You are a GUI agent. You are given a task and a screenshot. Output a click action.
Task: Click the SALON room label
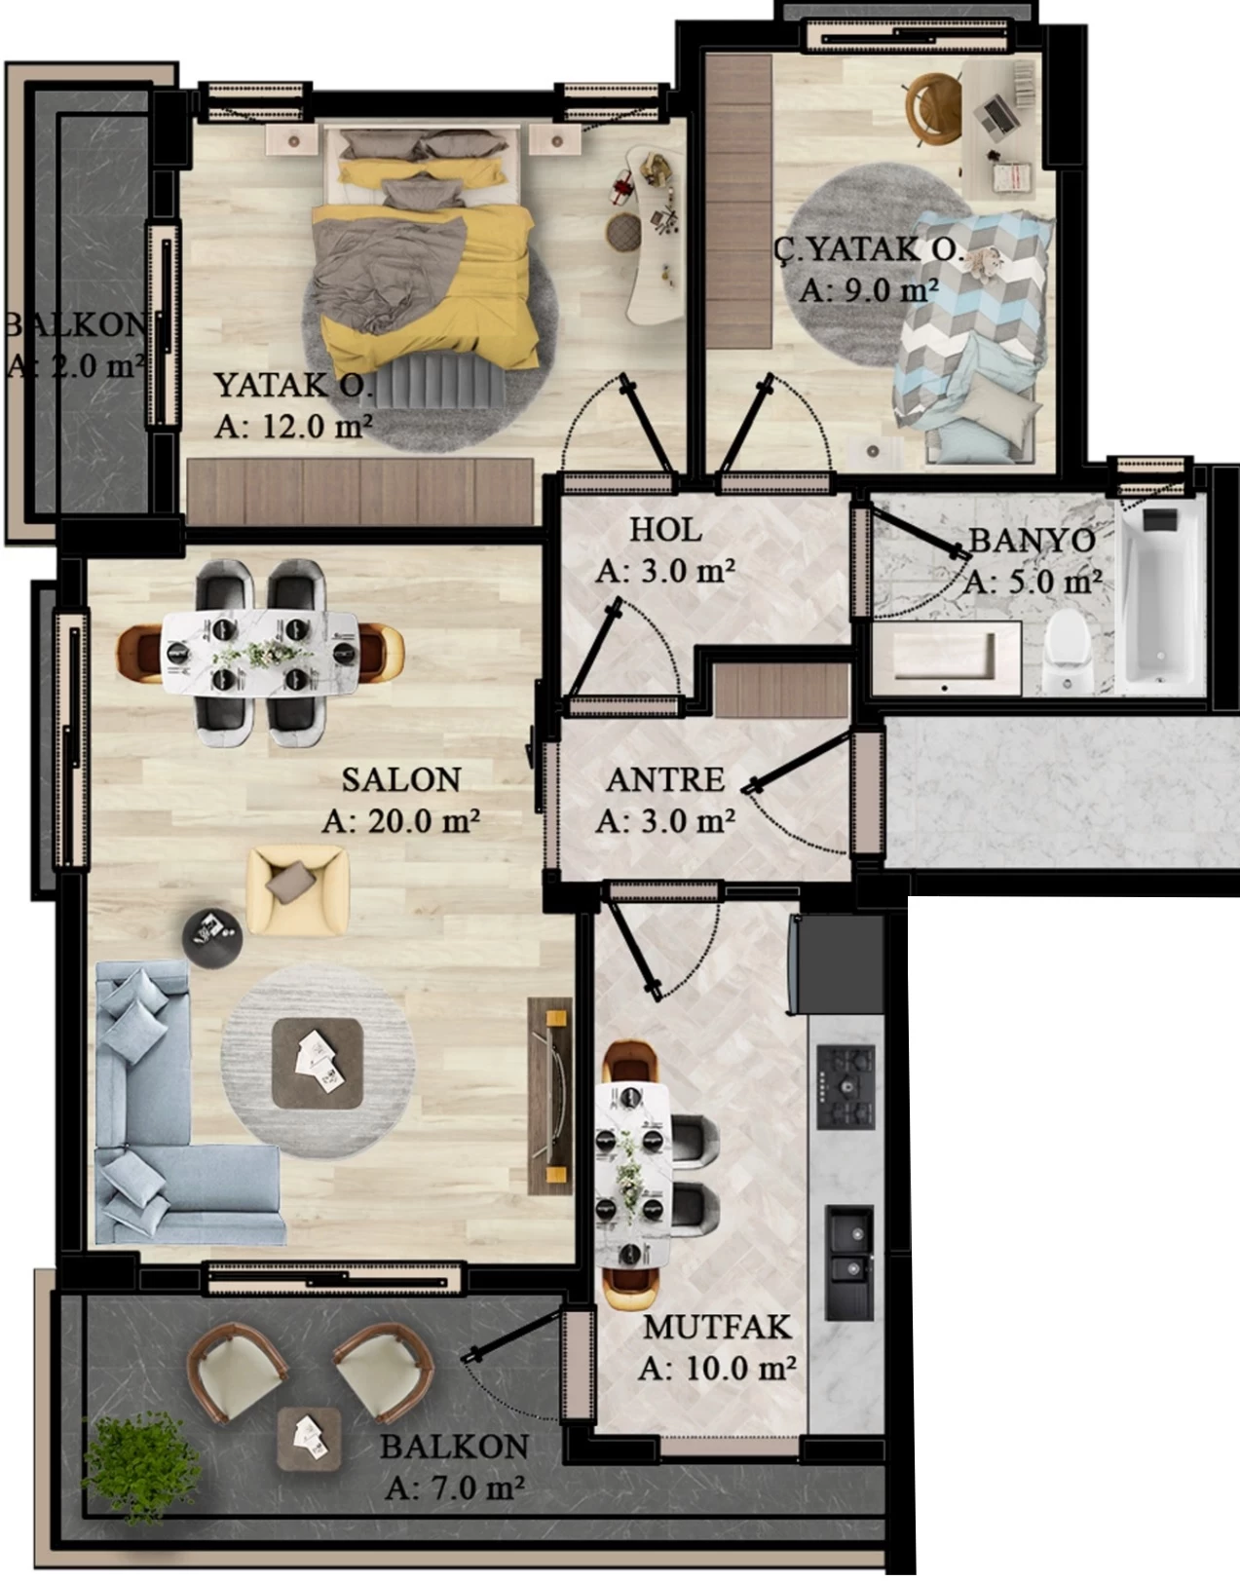400,780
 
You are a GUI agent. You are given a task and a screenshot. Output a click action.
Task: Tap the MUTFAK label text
717,1327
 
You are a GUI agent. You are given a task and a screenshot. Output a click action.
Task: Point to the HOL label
665,530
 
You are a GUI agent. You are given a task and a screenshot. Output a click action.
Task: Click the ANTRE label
665,780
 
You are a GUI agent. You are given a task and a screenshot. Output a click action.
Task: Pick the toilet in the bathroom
1066,650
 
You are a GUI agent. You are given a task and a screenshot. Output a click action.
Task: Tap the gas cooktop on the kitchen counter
845,1086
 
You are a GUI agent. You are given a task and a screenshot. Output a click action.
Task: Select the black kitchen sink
849,1262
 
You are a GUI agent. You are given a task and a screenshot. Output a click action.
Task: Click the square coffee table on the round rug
318,1062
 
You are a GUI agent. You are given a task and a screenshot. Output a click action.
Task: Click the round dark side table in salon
212,938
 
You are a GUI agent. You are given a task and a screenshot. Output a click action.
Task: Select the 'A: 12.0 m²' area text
293,426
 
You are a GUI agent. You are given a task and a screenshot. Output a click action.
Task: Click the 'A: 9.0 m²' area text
868,290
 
